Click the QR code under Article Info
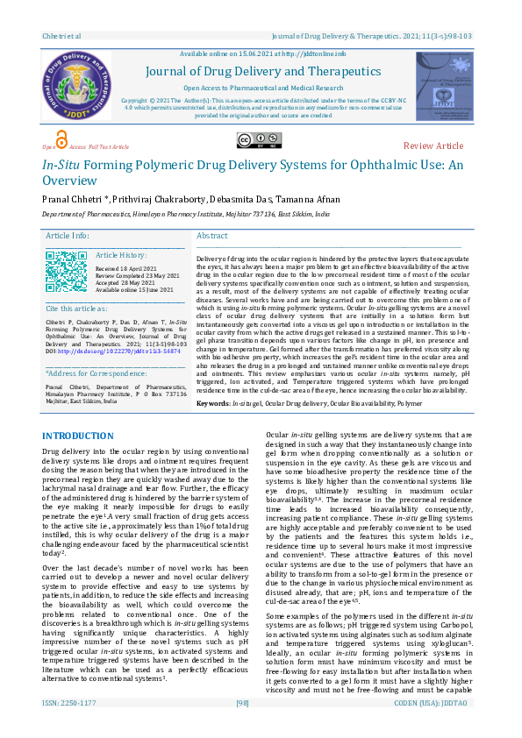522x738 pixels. tap(66, 269)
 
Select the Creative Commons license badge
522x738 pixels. tap(247, 140)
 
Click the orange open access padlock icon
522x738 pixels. tap(61, 140)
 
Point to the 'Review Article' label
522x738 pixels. tap(433, 145)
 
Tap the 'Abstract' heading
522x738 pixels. tap(213, 237)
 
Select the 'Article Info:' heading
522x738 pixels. tap(68, 237)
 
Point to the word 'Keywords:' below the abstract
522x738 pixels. tap(213, 403)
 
